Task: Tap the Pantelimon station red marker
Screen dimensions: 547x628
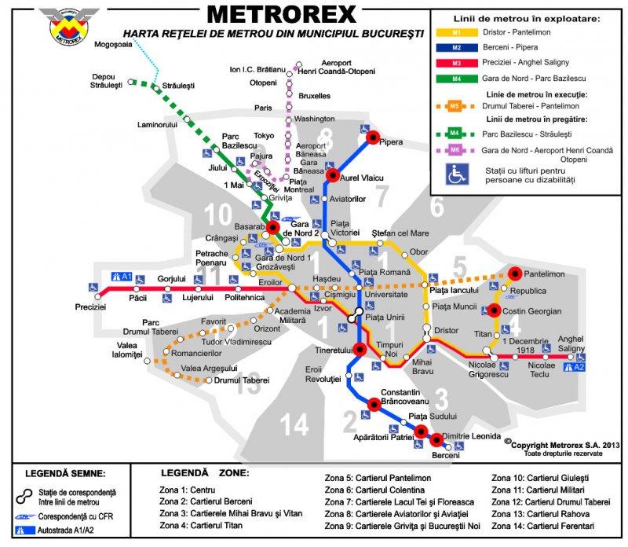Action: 516,273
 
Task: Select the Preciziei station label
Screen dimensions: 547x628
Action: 90,307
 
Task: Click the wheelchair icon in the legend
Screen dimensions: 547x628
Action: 457,174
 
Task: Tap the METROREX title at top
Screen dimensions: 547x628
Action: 280,13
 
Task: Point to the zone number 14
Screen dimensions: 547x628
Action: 295,425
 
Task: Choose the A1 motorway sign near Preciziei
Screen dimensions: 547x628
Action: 122,277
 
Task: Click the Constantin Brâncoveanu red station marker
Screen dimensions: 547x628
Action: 374,404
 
